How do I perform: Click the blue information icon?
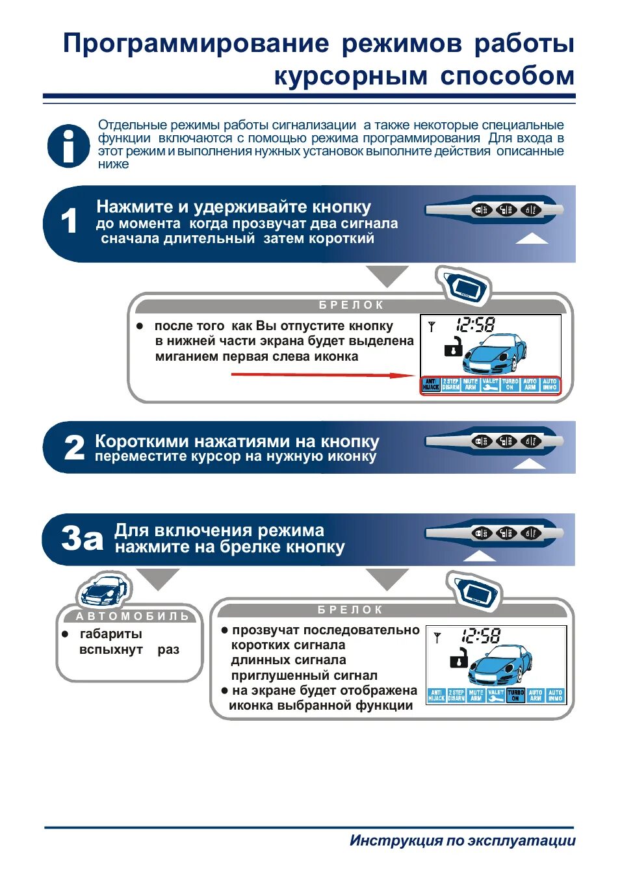pos(68,146)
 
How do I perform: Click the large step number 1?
pos(69,222)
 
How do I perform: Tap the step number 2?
pos(74,448)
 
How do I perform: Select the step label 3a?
pos(82,539)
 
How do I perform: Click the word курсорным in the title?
pos(350,76)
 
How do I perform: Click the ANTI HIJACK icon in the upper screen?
pos(431,385)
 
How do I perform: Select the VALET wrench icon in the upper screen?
pos(490,385)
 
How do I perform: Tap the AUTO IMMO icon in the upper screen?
pos(550,385)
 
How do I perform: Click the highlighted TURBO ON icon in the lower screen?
pos(515,695)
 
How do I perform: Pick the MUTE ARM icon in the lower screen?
pos(476,695)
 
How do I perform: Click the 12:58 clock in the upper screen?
pos(475,325)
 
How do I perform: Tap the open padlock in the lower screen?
pos(459,658)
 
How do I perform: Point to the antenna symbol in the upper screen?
pos(431,327)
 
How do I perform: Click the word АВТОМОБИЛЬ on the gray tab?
pos(133,616)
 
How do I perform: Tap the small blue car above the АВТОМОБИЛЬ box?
pos(103,590)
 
